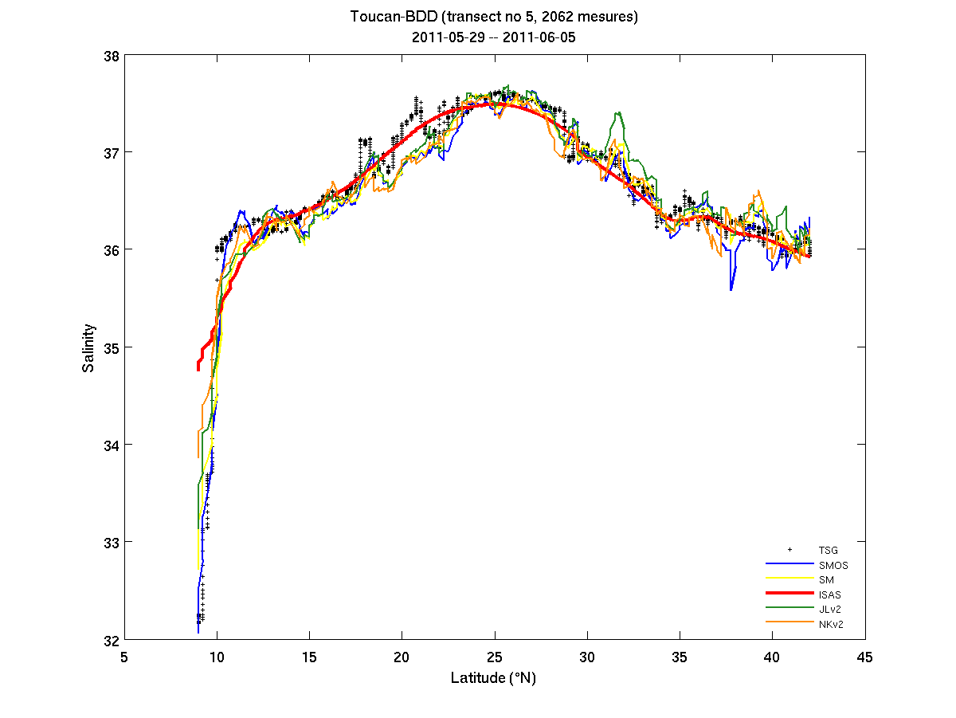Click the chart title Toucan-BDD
(494, 16)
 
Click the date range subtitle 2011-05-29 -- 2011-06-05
(494, 37)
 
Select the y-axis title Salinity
(89, 348)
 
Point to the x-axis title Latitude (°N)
(494, 677)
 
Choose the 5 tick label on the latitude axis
(123, 657)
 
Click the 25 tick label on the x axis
(495, 657)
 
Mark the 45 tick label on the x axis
(865, 657)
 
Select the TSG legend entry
(828, 551)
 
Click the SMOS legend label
(833, 566)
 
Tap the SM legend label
(825, 580)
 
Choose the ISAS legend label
(829, 594)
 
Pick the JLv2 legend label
(830, 609)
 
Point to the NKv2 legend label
(831, 623)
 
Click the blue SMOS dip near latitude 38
(731, 289)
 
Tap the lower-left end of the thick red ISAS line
(198, 369)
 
